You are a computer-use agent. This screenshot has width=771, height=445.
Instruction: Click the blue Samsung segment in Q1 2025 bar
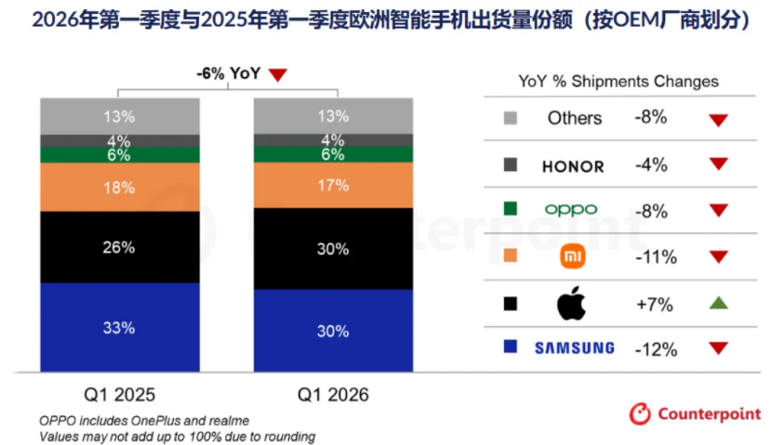119,327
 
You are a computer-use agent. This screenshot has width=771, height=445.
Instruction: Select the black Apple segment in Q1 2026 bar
333,249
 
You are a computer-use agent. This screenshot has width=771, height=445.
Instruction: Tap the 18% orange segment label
119,188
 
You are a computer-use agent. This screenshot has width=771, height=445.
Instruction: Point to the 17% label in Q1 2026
333,186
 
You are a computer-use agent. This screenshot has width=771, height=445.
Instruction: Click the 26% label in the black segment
119,247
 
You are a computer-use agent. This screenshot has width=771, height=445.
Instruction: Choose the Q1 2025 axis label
119,395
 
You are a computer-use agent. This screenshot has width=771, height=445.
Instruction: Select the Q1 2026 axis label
333,395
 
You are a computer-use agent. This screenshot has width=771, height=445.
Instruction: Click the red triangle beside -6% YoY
278,74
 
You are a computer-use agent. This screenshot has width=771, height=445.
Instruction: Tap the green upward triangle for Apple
719,303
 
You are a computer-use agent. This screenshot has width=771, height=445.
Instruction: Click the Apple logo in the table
571,303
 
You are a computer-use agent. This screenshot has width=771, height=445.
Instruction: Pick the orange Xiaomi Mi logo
573,256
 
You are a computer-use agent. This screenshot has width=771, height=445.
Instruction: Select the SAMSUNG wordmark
575,348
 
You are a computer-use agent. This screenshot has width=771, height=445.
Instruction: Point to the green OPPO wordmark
571,210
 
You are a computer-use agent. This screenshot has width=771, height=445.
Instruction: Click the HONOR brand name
573,167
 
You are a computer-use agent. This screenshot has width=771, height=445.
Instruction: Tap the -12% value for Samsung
656,349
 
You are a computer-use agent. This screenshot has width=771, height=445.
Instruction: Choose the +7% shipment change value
655,305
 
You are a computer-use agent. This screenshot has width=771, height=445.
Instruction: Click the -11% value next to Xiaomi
656,257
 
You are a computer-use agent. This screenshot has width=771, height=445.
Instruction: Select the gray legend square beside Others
511,118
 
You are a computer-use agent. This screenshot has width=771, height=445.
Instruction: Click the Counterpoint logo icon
640,414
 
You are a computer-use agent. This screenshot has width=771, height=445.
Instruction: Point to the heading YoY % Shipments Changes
618,81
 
